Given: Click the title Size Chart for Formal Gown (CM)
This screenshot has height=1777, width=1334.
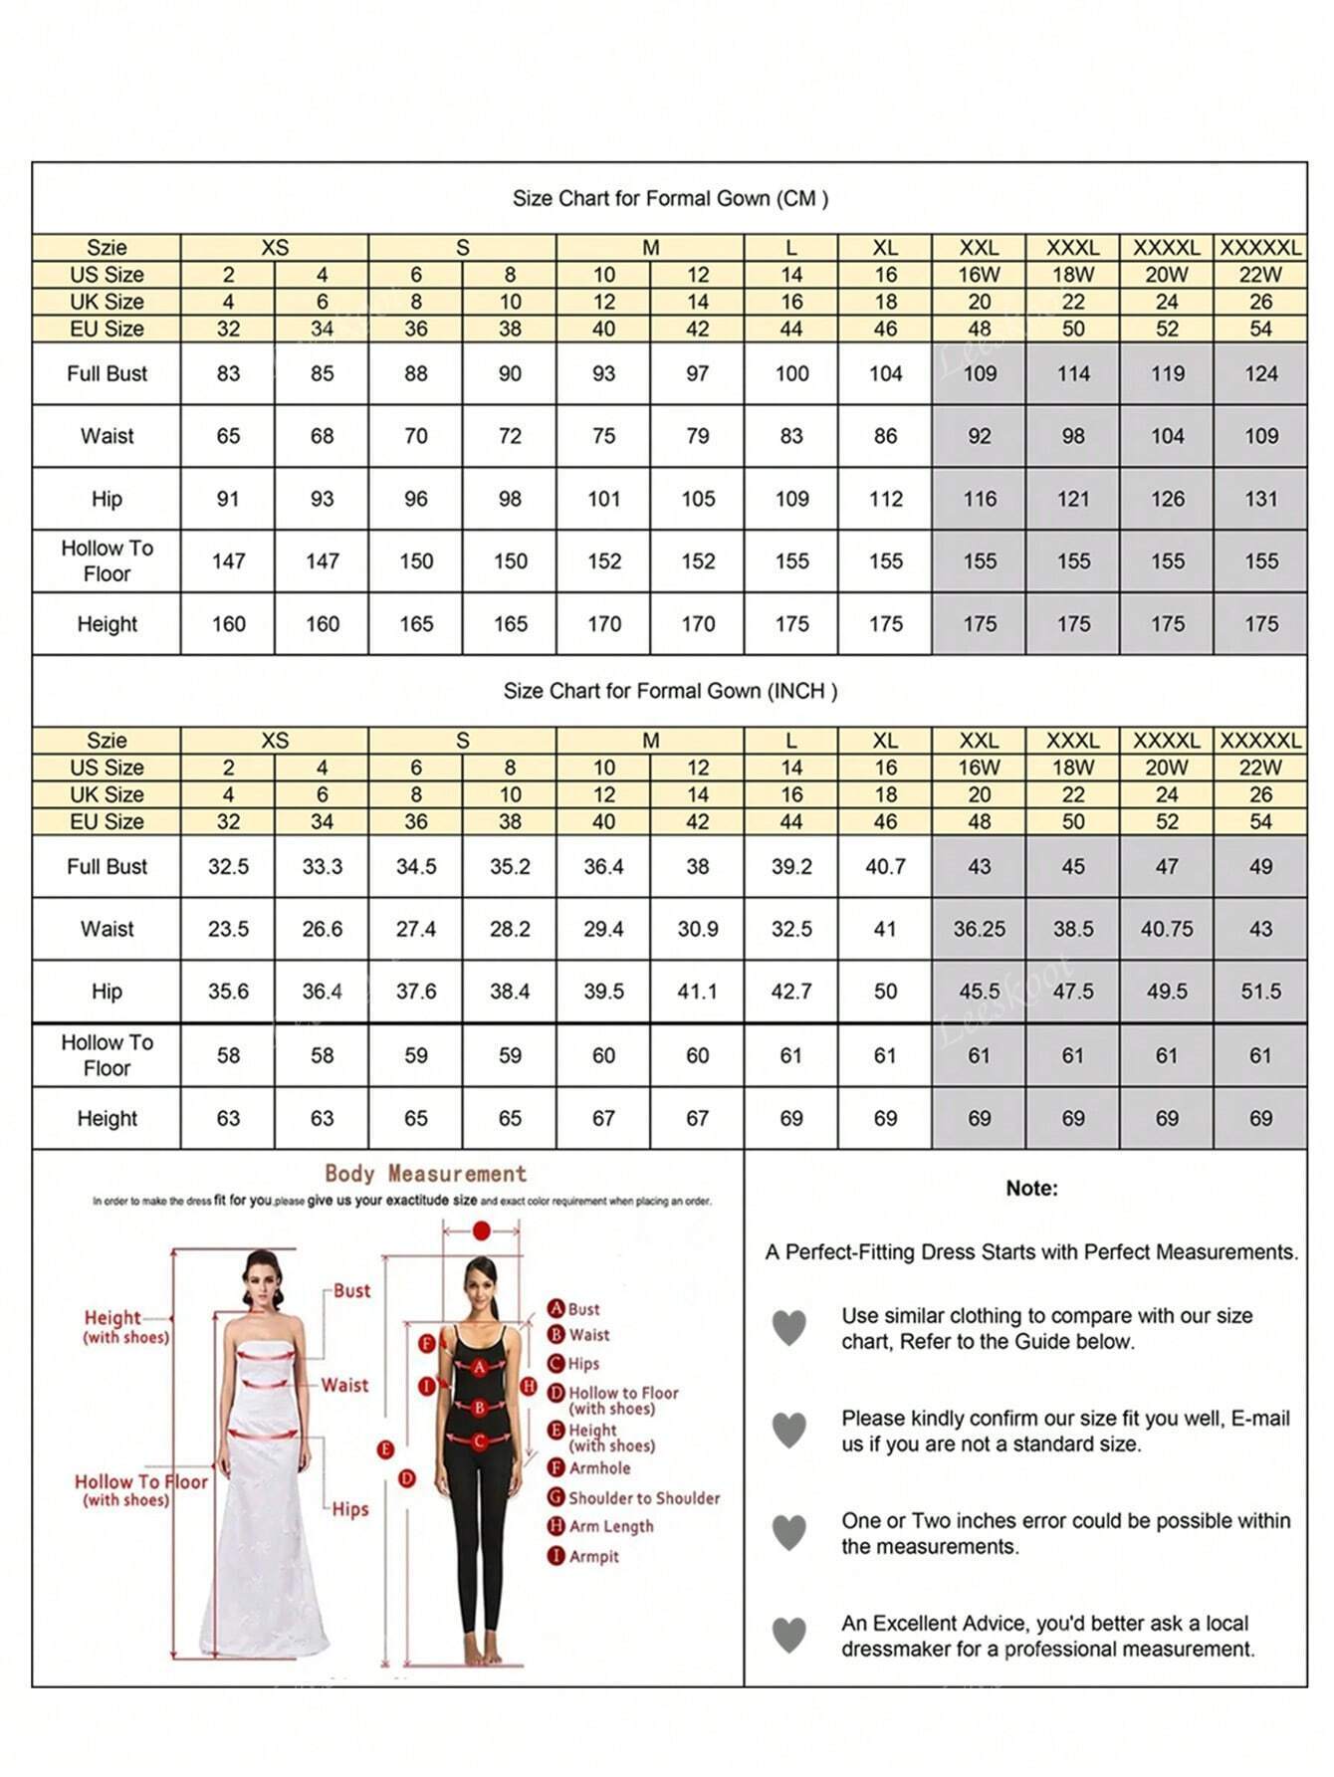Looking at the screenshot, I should pos(670,198).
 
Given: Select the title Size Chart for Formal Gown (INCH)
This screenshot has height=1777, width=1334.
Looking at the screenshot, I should pos(670,691).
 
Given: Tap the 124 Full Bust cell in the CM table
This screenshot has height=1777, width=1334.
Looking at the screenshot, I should pos(1260,374).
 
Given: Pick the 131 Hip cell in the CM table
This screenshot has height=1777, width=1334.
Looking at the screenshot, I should pos(1260,499).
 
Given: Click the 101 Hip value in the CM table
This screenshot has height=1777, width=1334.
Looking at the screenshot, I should pos(603,499).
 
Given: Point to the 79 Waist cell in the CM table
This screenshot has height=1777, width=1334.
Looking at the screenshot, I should pos(697,436).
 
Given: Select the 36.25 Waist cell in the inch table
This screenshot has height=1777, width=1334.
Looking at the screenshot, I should pos(979,929).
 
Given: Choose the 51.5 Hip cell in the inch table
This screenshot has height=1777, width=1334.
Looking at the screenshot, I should pos(1260,992).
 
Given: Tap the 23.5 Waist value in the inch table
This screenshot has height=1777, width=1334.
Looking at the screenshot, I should pos(228,929).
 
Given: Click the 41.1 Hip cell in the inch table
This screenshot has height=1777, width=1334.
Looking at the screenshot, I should pos(697,992).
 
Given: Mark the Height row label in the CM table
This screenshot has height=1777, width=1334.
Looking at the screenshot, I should pos(107,624).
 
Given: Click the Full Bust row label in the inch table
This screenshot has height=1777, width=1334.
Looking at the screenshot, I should pos(107,867).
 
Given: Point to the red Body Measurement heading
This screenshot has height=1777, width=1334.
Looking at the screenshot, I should pos(425,1174).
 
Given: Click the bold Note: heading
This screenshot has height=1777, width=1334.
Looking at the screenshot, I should pos(1031,1188).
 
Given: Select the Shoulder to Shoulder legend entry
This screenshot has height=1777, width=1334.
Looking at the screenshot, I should pos(643,1497).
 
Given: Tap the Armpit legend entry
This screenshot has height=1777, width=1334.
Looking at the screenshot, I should pos(593,1556).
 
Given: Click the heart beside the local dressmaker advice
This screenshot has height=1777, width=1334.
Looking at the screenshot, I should pos(789,1635).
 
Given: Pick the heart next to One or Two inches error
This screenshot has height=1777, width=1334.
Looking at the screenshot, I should pos(789,1532).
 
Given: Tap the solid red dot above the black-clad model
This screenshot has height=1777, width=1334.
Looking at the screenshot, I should pos(482,1231).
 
